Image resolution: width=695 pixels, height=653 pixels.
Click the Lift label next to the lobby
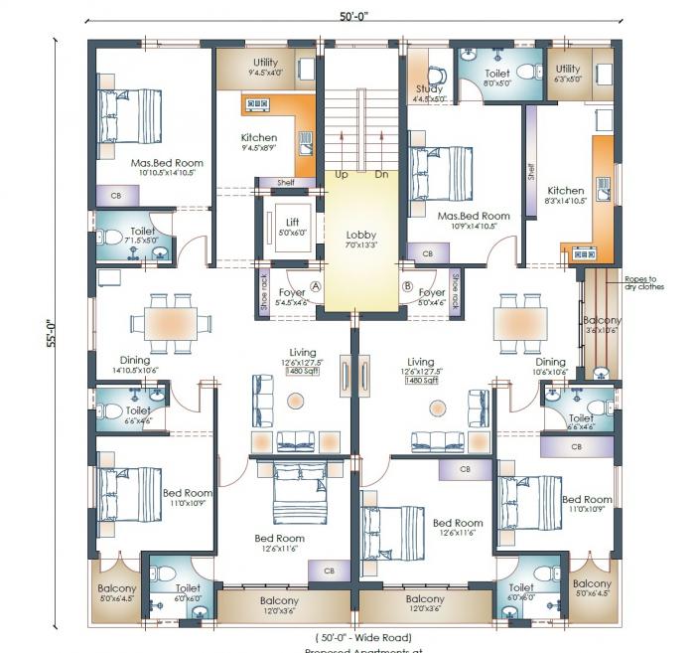coord(292,222)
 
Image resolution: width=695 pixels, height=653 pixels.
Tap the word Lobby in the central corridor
coord(360,235)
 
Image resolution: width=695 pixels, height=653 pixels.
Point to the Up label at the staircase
coord(342,174)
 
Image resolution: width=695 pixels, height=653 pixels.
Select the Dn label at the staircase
coord(381,174)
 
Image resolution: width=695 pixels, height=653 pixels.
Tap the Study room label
coord(429,88)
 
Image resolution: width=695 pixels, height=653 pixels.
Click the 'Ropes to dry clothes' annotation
coord(644,283)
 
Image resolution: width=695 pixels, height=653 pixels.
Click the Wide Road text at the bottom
coord(363,637)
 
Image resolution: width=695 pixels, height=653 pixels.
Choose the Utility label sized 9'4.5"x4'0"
coord(265,63)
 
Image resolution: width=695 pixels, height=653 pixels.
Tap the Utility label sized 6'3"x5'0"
coord(568,69)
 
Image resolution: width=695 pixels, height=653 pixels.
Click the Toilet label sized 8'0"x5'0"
coord(496,74)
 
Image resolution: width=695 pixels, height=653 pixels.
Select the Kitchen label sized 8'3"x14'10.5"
coord(566,191)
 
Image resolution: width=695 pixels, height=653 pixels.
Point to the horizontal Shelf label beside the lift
coord(285,182)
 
